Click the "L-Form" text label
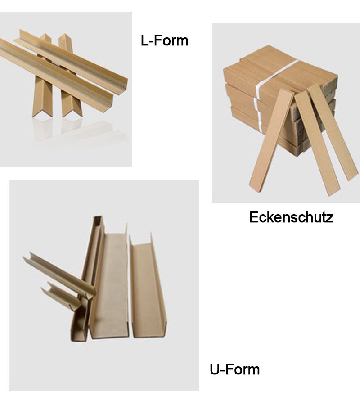click(x=164, y=40)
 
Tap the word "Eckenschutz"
click(x=291, y=217)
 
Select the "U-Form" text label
click(x=234, y=369)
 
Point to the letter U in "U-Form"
click(x=214, y=369)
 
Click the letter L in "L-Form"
click(x=144, y=40)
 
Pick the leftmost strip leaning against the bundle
click(x=271, y=141)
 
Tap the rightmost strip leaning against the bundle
click(x=333, y=132)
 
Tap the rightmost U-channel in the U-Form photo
click(x=147, y=287)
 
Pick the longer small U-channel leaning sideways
click(x=59, y=275)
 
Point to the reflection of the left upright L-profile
click(x=42, y=129)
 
